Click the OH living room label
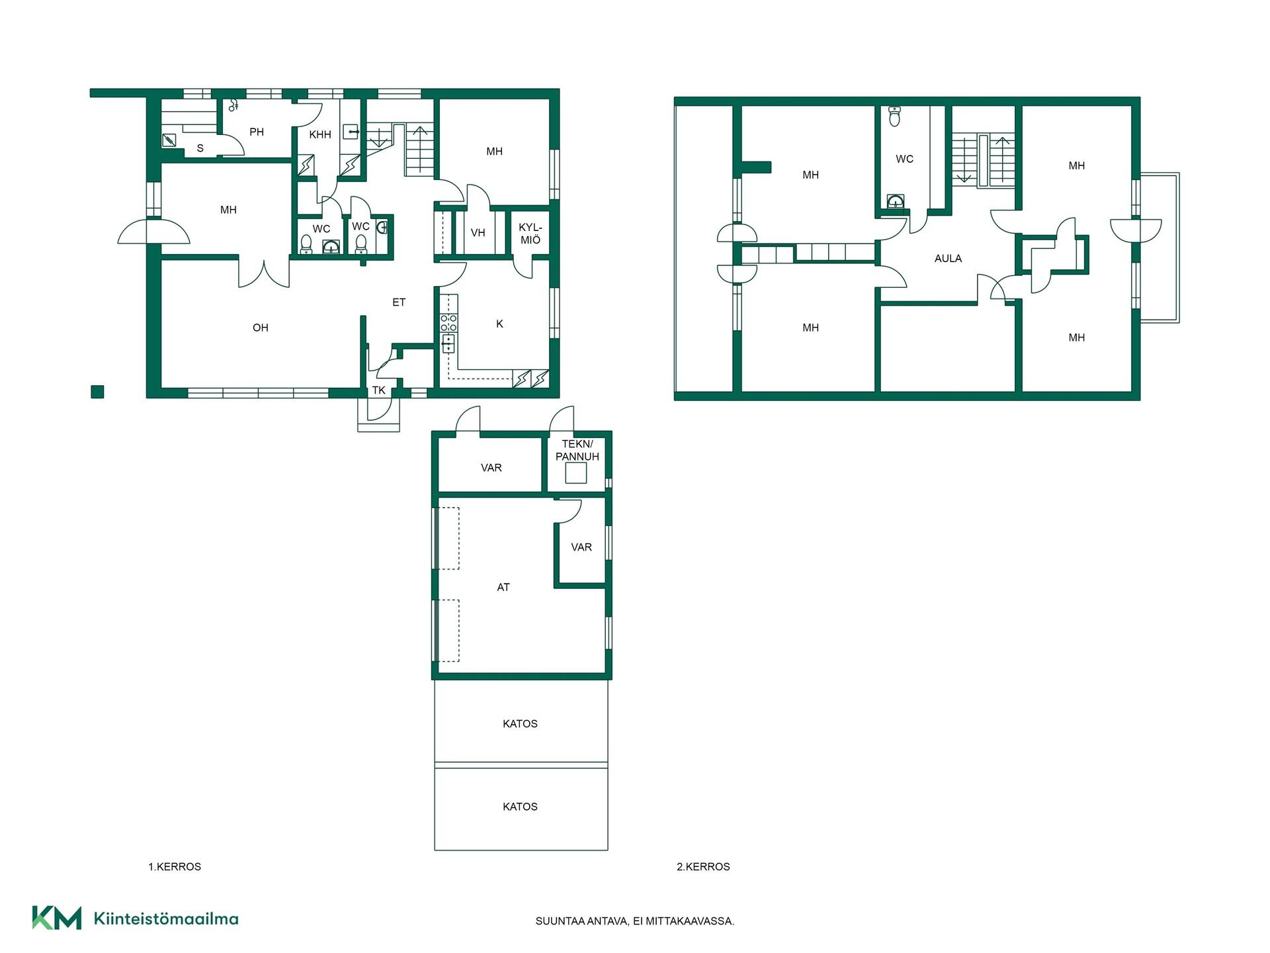click(x=261, y=328)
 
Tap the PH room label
click(x=257, y=132)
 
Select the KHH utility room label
click(x=320, y=134)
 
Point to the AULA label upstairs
click(x=948, y=258)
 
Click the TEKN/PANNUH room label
click(x=577, y=450)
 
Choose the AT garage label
click(x=503, y=587)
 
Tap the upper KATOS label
click(x=520, y=723)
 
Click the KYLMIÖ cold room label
click(x=530, y=234)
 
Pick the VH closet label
click(x=478, y=233)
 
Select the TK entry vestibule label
click(x=378, y=390)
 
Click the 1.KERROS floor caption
click(x=175, y=866)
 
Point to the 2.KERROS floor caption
click(x=703, y=866)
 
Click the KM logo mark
click(x=57, y=918)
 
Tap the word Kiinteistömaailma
click(x=166, y=919)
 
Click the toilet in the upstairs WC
click(x=895, y=116)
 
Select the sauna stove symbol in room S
click(x=169, y=140)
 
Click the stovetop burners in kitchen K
click(x=448, y=323)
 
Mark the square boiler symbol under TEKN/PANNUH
click(x=576, y=473)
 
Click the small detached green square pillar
click(x=97, y=392)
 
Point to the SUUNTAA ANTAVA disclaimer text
click(x=635, y=921)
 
